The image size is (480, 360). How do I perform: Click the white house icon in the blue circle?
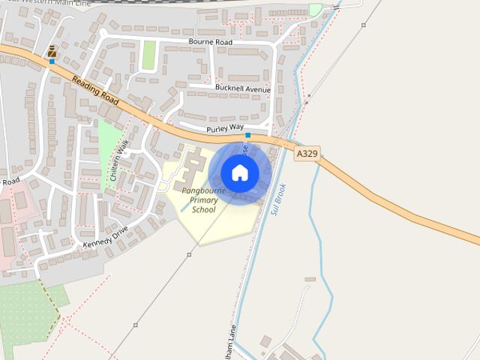pos(240,173)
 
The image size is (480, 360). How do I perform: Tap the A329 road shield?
pos(306,153)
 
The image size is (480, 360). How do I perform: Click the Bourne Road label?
pos(211,42)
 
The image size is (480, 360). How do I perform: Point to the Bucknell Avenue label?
pos(242,89)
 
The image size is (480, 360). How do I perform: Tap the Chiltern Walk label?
pos(115,160)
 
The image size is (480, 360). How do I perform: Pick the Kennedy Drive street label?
pos(106,236)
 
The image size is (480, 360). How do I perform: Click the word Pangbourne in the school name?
pos(203,190)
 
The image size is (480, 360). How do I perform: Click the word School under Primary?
pos(203,210)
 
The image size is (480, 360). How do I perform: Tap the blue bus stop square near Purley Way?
pos(248,135)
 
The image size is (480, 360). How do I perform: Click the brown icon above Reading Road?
pos(52,51)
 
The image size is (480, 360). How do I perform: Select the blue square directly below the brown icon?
pos(52,61)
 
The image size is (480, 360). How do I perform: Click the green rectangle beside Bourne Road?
pos(149,54)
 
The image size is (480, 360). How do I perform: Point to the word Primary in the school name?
pos(203,200)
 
